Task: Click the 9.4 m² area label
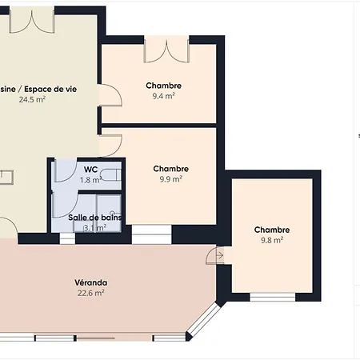point(163,95)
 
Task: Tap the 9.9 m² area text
point(170,179)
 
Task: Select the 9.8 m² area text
point(271,240)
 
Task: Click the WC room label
point(90,169)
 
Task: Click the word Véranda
point(91,282)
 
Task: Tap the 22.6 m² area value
point(91,293)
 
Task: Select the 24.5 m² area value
point(32,100)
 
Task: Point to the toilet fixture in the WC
point(115,174)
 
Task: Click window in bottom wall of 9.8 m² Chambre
point(272,298)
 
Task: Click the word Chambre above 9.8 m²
point(271,230)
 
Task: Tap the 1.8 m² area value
point(90,180)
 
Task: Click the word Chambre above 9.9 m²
point(170,169)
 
